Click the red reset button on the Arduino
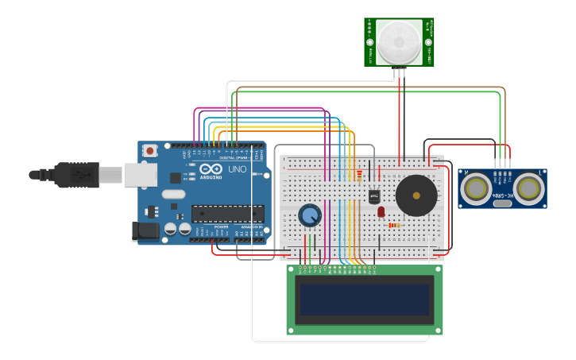tap(149, 150)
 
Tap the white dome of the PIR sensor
tap(399, 41)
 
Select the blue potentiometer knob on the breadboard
tap(310, 215)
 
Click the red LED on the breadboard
tap(381, 211)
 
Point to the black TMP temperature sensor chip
tap(373, 195)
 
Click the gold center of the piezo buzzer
tap(416, 195)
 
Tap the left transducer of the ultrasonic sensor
tap(476, 188)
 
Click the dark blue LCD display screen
tap(365, 300)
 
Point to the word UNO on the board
tap(238, 169)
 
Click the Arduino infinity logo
tap(211, 169)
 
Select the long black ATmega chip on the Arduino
tap(228, 213)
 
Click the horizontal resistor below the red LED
tap(394, 225)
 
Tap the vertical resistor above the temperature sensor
tap(359, 175)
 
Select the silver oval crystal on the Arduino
tap(173, 194)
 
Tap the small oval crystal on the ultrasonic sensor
tap(502, 203)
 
